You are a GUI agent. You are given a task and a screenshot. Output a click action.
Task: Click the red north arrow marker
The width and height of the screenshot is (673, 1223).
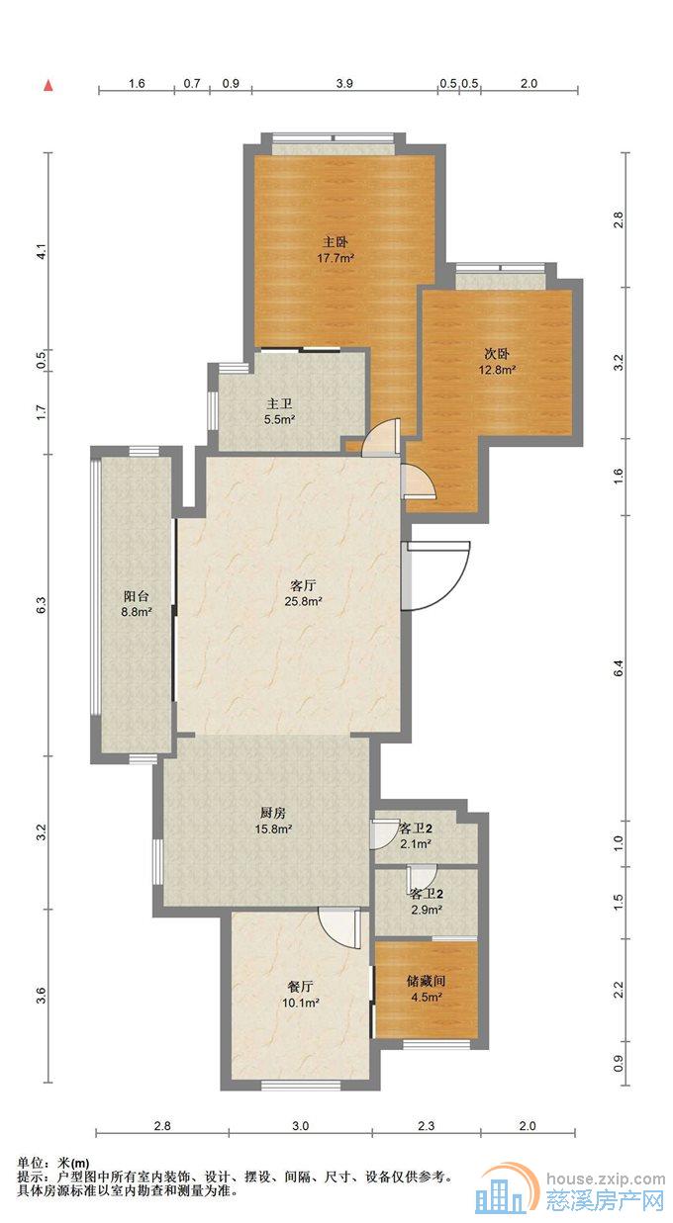(48, 86)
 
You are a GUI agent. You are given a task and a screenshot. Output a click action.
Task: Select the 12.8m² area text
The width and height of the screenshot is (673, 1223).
(498, 370)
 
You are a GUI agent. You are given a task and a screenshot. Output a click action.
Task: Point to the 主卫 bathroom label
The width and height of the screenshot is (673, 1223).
(280, 404)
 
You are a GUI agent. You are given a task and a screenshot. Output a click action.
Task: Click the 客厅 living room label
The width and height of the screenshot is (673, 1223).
(303, 586)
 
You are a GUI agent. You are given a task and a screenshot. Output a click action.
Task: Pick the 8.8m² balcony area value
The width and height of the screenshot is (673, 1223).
(137, 612)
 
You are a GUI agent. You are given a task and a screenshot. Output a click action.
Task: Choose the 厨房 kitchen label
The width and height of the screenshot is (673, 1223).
(273, 813)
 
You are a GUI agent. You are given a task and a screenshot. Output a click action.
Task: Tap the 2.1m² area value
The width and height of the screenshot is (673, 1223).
(417, 843)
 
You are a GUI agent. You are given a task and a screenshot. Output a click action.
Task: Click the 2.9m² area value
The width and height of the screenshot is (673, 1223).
(427, 910)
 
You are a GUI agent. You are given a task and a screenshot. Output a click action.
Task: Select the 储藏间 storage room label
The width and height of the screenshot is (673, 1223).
(427, 981)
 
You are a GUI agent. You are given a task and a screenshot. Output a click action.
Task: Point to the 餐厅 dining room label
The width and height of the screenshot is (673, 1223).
(300, 987)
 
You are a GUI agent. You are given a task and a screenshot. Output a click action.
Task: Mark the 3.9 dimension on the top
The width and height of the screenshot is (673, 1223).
(344, 83)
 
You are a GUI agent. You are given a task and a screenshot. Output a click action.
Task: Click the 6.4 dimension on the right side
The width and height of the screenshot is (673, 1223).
(619, 668)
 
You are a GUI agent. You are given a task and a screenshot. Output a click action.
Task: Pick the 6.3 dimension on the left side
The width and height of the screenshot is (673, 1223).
(45, 605)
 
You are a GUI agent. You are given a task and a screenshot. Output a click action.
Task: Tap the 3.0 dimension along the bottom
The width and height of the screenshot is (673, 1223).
(300, 1126)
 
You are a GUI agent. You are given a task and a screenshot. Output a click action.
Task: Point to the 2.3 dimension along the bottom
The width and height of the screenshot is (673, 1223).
(426, 1126)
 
